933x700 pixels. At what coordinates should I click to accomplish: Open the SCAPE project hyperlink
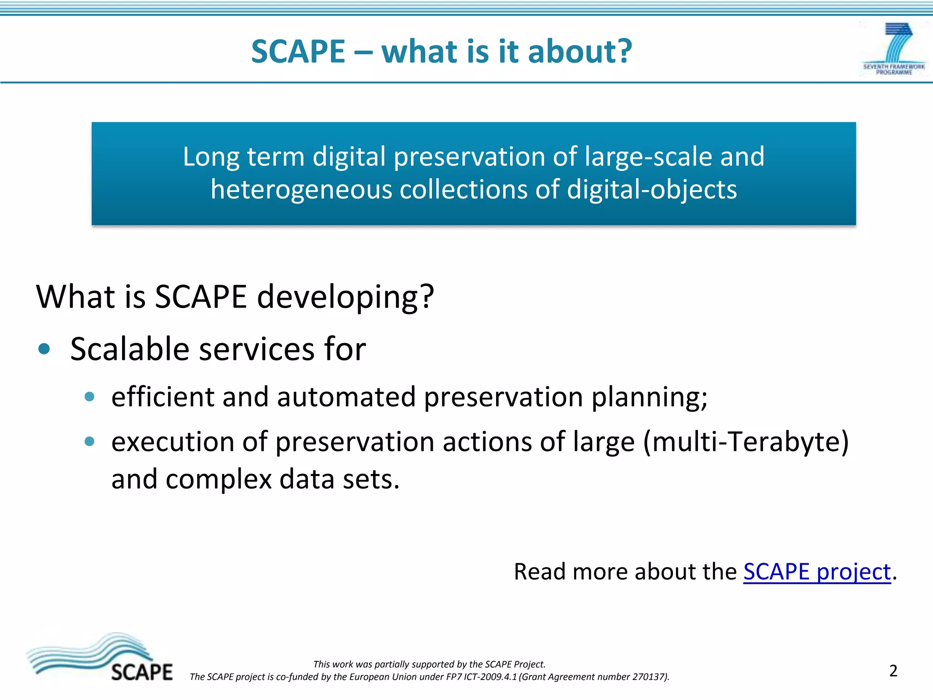pos(817,572)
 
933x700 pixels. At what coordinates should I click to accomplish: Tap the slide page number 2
pos(893,671)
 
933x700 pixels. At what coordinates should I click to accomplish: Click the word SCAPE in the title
pos(298,51)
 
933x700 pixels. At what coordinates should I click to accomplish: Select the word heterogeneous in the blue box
pos(301,190)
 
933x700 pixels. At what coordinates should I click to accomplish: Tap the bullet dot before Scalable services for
pos(44,350)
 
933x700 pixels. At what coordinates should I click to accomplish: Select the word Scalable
pos(129,350)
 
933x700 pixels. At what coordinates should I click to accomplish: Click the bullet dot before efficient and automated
pos(89,397)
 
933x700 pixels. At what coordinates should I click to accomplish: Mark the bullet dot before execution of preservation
pos(89,442)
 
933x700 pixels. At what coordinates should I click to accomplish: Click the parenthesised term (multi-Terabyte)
pos(746,442)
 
